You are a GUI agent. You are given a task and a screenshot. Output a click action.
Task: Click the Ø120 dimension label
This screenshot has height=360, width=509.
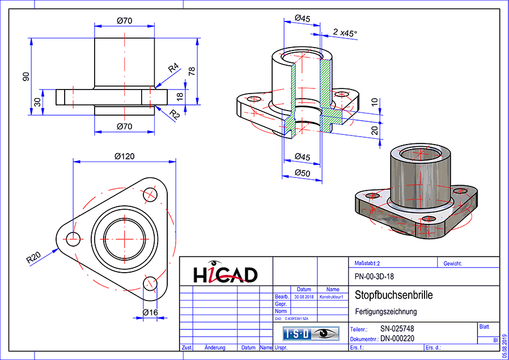(125, 156)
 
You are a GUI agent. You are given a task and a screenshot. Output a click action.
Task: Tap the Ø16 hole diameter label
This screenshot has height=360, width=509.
(150, 312)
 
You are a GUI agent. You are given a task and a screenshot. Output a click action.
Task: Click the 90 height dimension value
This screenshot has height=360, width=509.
(26, 77)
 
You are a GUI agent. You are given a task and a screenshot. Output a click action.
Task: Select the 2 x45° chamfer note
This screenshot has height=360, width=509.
(345, 33)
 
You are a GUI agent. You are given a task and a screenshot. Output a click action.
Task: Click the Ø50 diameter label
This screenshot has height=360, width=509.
(303, 173)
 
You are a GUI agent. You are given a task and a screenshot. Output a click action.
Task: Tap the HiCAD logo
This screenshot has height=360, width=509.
(226, 274)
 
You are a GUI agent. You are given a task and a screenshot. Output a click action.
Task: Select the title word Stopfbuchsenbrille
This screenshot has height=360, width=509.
(393, 295)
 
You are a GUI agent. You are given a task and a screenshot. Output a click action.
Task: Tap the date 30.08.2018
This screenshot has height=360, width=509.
(303, 297)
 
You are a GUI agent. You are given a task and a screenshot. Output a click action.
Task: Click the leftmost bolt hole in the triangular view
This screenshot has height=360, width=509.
(73, 239)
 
